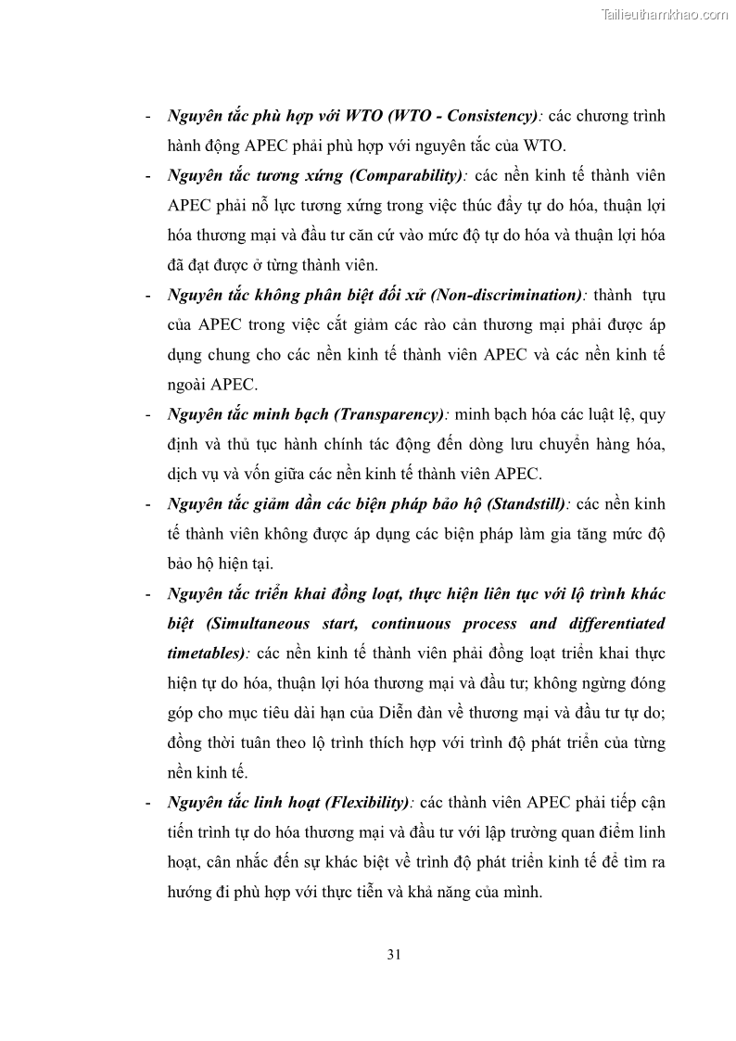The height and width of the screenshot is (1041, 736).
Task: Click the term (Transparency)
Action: pyautogui.click(x=387, y=414)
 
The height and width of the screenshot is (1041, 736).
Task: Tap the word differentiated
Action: pyautogui.click(x=614, y=624)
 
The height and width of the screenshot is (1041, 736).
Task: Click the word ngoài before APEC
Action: pyautogui.click(x=193, y=386)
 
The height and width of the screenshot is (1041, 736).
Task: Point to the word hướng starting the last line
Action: pyautogui.click(x=193, y=893)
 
